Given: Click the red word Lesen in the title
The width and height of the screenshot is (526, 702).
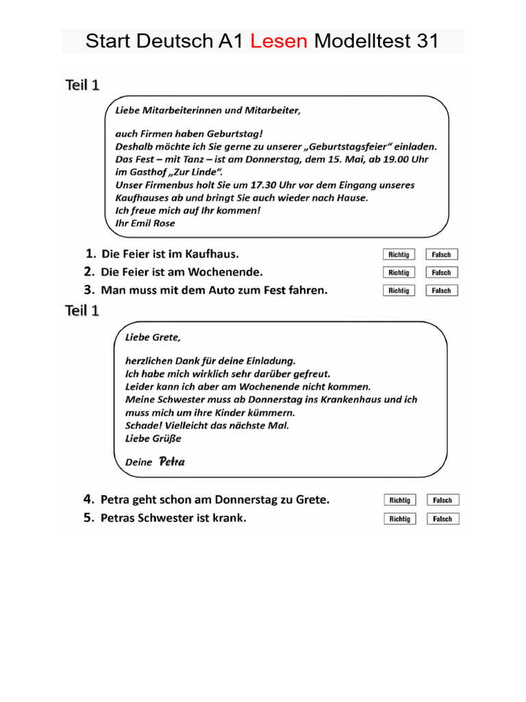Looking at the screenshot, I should click(278, 41).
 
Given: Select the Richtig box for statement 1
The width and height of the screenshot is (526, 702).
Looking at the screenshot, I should click(399, 254).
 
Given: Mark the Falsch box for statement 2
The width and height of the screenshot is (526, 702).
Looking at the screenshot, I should click(442, 272).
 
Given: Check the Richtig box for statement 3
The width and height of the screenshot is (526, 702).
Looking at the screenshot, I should click(399, 290).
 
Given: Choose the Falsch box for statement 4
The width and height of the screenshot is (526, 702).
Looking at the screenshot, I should click(442, 500).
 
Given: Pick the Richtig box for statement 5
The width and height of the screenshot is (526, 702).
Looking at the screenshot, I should click(399, 519).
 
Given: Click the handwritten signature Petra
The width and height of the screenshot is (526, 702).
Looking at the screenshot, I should click(172, 461).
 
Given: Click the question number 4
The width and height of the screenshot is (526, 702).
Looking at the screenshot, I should click(88, 499).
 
